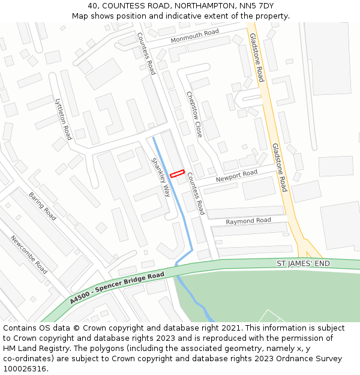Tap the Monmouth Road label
click(194, 36)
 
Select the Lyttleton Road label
click(63, 119)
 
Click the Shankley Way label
click(161, 177)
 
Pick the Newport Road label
click(236, 176)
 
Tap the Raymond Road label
click(248, 221)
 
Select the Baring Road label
click(42, 206)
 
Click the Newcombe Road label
click(29, 254)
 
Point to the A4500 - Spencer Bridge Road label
click(116, 287)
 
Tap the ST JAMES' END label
click(303, 263)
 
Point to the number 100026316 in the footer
click(25, 368)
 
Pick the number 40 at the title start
click(93, 5)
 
